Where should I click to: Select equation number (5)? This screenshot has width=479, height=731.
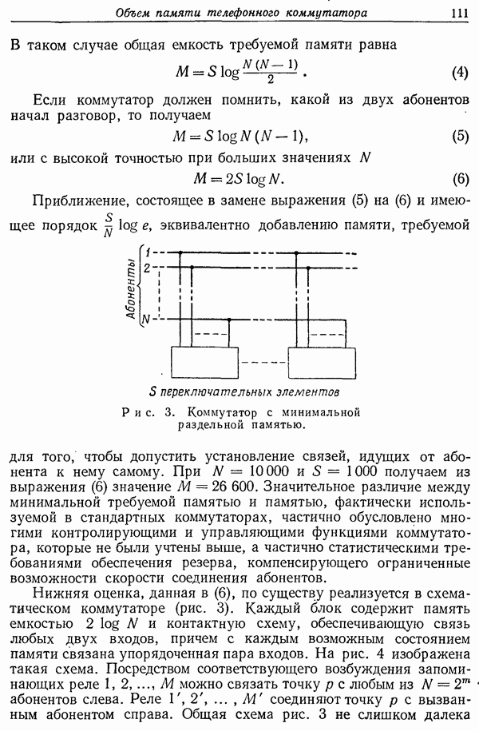(x=459, y=136)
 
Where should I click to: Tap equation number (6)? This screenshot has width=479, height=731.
(x=459, y=179)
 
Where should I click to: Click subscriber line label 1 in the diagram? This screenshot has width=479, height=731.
(x=148, y=253)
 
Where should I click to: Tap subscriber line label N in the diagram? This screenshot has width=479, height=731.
(x=146, y=320)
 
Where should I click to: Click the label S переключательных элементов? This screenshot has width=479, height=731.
(x=243, y=392)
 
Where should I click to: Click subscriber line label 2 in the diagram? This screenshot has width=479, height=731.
(x=148, y=267)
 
